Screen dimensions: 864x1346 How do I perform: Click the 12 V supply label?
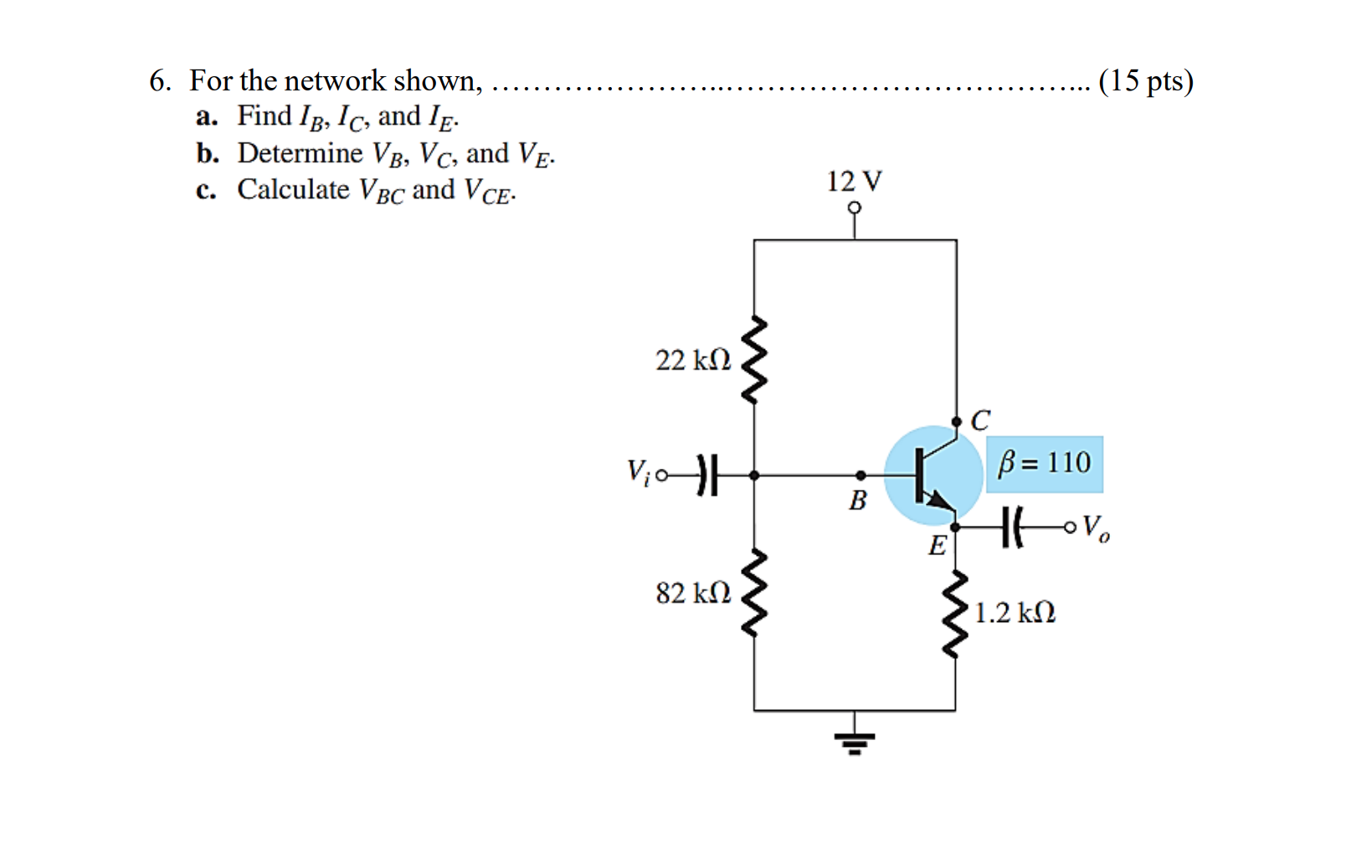854,181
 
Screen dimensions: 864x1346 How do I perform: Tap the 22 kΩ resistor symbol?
755,360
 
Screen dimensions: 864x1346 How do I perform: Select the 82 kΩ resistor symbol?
755,593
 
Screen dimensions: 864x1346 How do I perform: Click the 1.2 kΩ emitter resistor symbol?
955,614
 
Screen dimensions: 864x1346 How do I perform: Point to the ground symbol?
854,741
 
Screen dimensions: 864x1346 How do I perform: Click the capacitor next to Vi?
707,476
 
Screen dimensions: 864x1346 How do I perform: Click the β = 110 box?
1044,463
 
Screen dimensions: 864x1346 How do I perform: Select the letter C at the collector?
980,419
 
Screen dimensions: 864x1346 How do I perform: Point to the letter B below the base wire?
858,501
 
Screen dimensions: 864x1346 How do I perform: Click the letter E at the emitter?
938,546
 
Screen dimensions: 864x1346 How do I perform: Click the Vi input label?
638,471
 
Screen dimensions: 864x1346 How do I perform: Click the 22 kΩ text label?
693,360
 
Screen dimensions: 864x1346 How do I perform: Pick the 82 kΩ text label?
693,593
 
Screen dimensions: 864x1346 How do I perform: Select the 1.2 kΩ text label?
1015,613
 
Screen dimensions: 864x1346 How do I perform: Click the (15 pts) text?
1145,80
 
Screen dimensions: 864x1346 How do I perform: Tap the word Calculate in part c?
293,190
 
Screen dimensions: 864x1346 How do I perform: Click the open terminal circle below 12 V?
854,208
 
